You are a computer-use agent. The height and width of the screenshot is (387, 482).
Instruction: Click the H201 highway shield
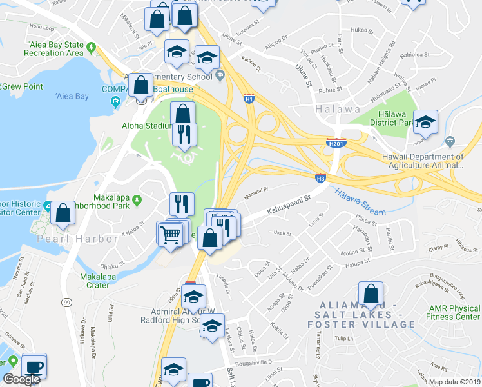pos(336,143)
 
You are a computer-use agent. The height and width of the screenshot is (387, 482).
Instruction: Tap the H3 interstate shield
pos(320,177)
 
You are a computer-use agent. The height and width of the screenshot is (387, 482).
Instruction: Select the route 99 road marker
pos(67,302)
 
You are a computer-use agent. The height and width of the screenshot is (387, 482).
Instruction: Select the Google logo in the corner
pos(21,379)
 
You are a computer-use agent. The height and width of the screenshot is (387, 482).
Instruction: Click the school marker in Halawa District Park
pos(425,122)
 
